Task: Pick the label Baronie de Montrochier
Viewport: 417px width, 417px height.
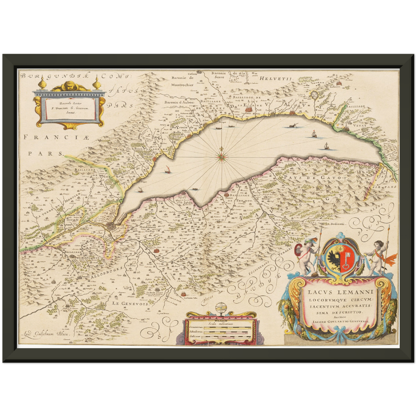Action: pos(182,81)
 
